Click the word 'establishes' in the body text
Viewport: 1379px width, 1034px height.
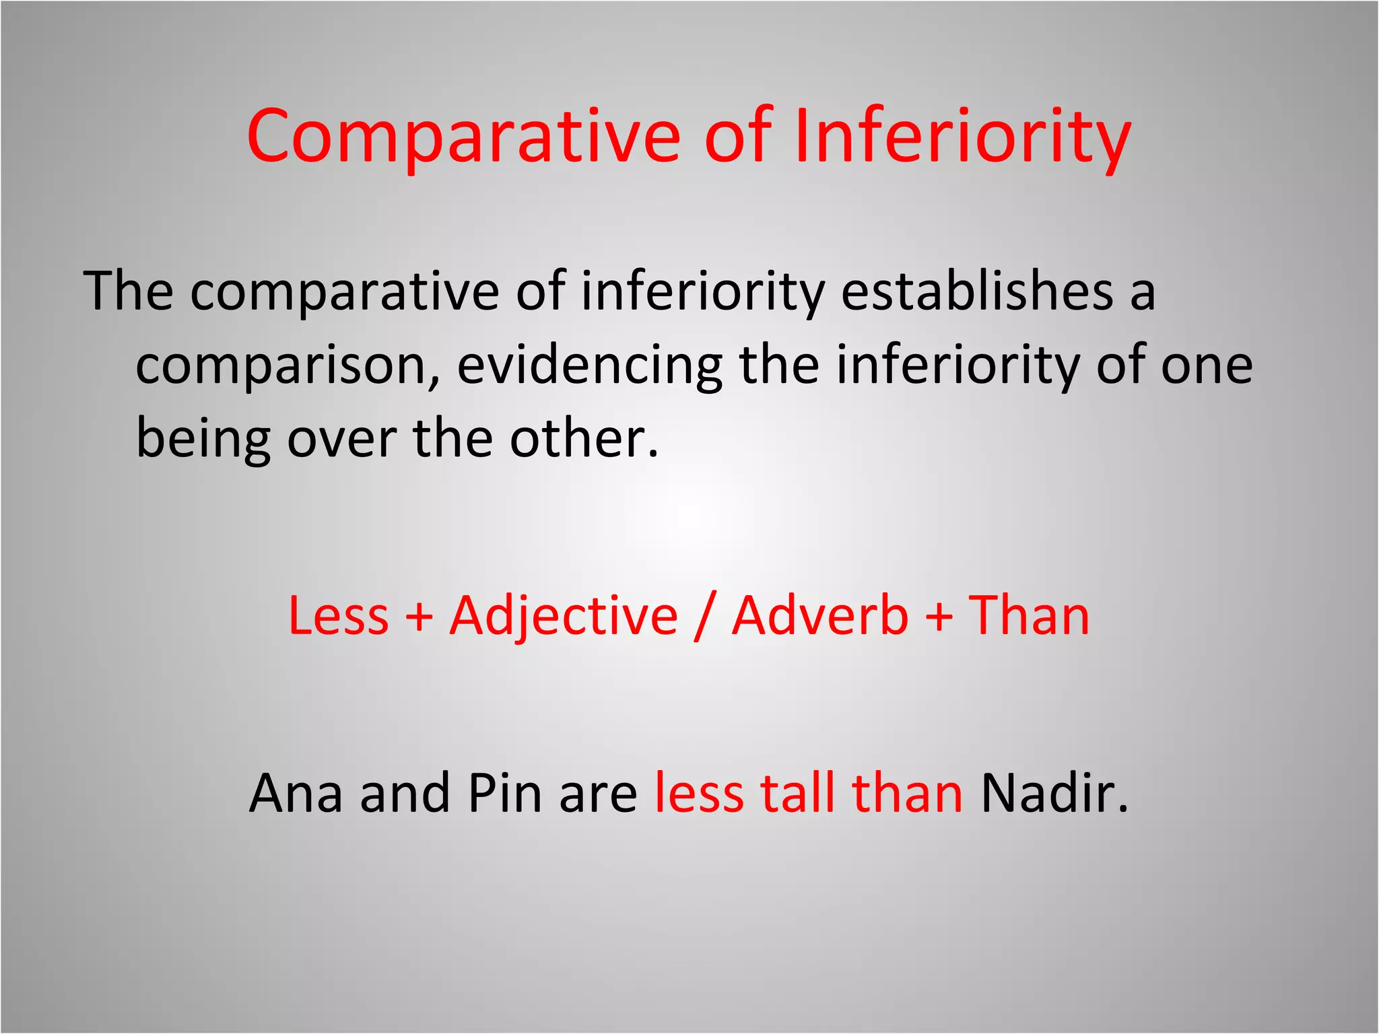click(x=977, y=291)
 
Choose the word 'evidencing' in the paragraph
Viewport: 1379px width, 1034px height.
click(x=590, y=366)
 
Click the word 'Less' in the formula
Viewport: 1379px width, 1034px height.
click(x=339, y=616)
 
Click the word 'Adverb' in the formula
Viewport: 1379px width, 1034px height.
click(x=820, y=616)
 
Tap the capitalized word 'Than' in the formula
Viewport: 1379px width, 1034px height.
click(x=1028, y=616)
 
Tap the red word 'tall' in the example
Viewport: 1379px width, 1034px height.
click(x=797, y=793)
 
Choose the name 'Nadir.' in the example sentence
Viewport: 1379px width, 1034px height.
click(x=1054, y=793)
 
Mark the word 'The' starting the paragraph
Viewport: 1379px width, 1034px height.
click(x=128, y=291)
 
